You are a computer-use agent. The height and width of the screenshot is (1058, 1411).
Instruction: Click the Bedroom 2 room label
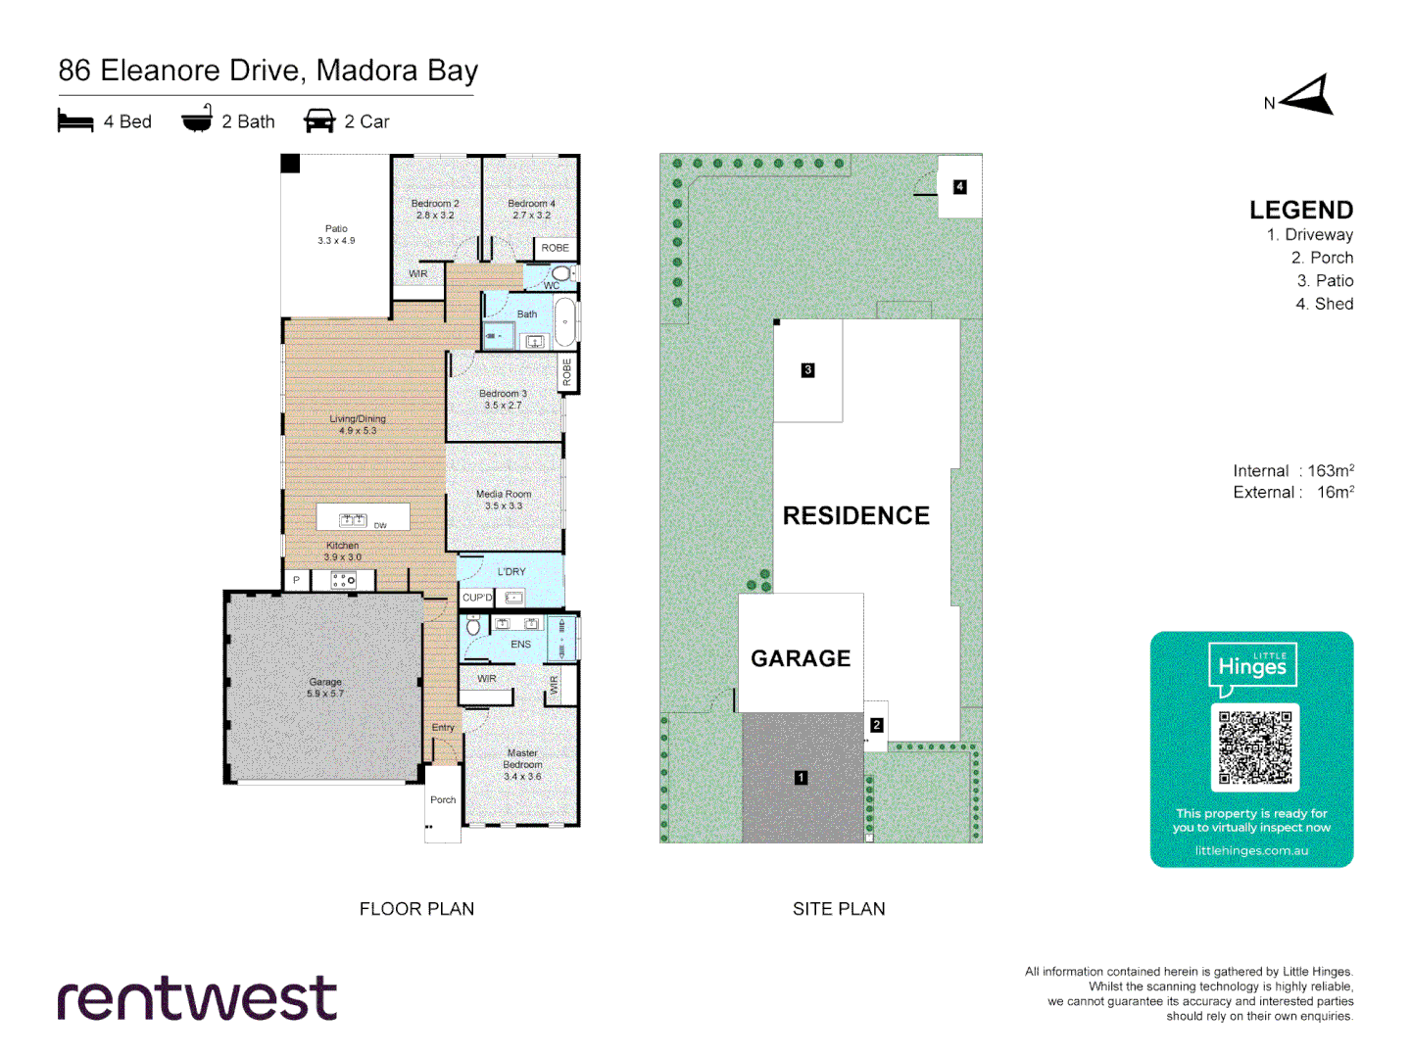coord(434,209)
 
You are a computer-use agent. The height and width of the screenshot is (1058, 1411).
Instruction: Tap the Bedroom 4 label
coord(531,209)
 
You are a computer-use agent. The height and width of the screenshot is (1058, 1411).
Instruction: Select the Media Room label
coord(504,500)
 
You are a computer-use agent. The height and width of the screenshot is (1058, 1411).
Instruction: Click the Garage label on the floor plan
coord(325,687)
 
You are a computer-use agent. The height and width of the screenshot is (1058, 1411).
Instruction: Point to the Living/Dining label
coord(358,424)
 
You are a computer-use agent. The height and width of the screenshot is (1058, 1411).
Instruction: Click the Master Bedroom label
coord(522,764)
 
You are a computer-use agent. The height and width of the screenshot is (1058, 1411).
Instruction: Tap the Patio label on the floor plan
coord(336,234)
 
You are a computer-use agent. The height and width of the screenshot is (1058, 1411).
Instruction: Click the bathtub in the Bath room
coord(565,322)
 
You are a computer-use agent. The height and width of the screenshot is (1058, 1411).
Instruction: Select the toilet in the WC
coord(561,273)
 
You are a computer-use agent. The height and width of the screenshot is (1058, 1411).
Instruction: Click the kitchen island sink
coord(352,519)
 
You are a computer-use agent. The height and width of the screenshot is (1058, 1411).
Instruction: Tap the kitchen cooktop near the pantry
coord(343,581)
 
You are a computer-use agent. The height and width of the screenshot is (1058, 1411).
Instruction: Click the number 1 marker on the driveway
coord(801,778)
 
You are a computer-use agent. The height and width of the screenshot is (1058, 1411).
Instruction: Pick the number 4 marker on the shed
coord(959,186)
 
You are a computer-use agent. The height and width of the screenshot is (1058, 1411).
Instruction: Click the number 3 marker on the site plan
coord(807,369)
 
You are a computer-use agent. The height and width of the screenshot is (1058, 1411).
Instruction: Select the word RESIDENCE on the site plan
coord(855,515)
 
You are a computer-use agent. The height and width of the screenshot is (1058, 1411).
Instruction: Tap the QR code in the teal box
coord(1254,747)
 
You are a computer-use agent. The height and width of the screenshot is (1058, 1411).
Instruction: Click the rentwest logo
coord(197,998)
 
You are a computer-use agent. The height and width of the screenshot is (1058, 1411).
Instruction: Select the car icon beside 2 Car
coord(319,120)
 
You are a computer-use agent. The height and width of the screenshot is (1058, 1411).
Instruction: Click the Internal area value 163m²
coord(1330,471)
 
